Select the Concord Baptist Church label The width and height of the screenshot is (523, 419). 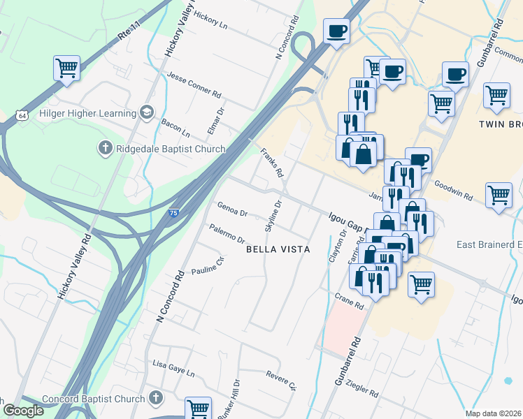click(x=94, y=399)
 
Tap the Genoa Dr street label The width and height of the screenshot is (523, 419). click(x=233, y=209)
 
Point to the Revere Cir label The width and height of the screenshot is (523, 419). click(x=282, y=381)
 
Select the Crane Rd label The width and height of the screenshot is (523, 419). click(x=349, y=302)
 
